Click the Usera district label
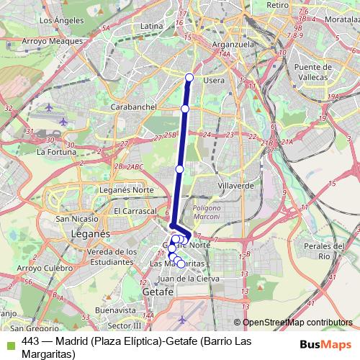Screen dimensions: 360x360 (x=215, y=80)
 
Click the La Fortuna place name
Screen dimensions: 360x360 (x=56, y=152)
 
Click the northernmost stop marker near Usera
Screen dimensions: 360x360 (x=189, y=78)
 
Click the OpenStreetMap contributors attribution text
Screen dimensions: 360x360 (x=297, y=323)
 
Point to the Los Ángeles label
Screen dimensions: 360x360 (x=55, y=20)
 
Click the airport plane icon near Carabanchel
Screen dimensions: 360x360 (x=49, y=108)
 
